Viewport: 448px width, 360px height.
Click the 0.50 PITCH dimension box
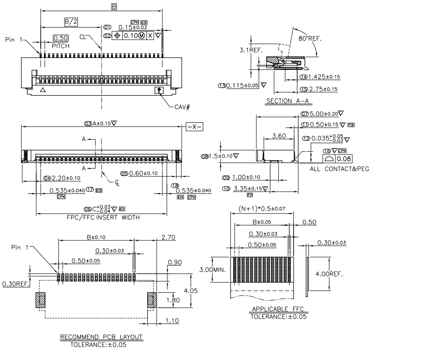pos(60,39)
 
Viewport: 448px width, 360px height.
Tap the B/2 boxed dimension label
pos(71,21)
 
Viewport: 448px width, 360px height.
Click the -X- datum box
pos(194,127)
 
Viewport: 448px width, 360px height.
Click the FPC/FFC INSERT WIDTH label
pos(101,217)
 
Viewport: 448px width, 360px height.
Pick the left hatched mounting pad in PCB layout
pos(41,300)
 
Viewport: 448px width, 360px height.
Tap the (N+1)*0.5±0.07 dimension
pos(262,209)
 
